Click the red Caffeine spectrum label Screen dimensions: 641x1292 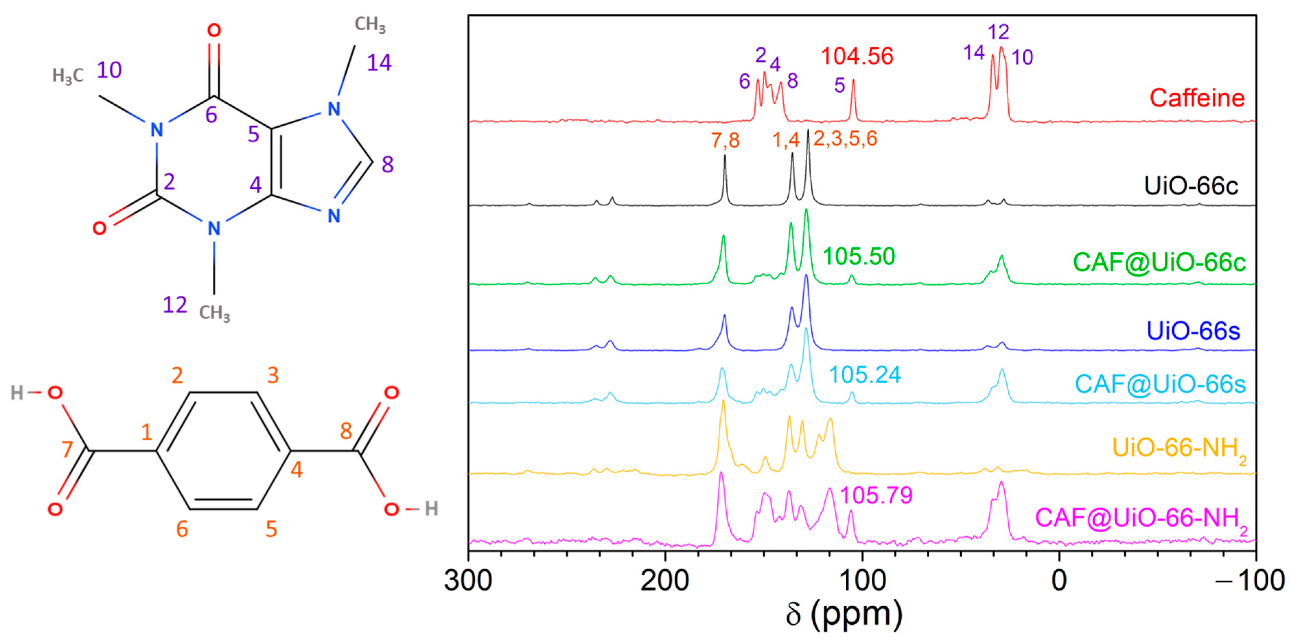pos(1197,98)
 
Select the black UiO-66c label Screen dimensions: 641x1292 pos(1191,186)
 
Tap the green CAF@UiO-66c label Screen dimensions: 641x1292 pos(1159,262)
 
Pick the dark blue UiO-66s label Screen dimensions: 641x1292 pos(1193,331)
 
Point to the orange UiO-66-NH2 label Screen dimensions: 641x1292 pos(1179,448)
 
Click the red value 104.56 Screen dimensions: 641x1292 pos(857,56)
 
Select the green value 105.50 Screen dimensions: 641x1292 pos(859,257)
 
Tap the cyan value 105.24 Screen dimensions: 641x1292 pos(865,375)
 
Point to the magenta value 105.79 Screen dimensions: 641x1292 pos(876,496)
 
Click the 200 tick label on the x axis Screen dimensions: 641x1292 pos(665,581)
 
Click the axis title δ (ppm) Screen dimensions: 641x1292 pos(844,614)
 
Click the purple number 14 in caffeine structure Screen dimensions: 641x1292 pos(379,63)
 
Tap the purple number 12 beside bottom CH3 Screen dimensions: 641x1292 pos(175,305)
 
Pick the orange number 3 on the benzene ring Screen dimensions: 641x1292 pos(273,375)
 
